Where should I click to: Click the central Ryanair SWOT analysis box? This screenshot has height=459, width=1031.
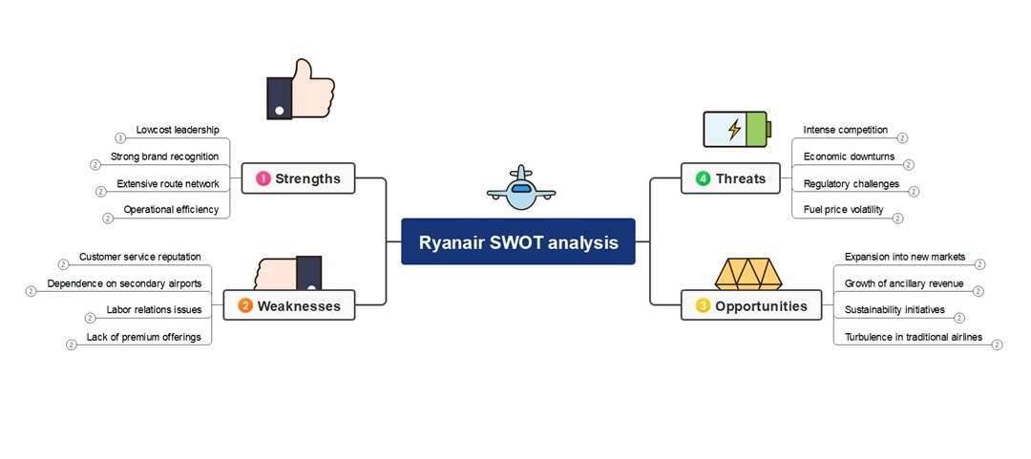pos(517,242)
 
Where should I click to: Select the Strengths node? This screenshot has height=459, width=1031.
pos(298,178)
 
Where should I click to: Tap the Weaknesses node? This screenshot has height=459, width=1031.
pos(288,305)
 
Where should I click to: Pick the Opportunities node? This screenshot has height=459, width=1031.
pos(751,305)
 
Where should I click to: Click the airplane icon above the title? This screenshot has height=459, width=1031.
pos(520,188)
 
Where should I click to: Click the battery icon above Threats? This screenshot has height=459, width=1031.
pos(734,129)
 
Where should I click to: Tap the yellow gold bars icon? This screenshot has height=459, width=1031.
pos(748,274)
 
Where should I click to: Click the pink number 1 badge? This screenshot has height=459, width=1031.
pos(263,178)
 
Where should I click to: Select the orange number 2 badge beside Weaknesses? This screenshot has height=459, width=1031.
pos(245,305)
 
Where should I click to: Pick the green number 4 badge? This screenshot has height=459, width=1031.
pos(703,178)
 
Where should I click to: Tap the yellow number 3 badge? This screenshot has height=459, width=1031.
pos(703,305)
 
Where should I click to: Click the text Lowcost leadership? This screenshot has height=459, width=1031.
pos(178,130)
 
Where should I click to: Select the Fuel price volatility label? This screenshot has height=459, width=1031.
pos(843,210)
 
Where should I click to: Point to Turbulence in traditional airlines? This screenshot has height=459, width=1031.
pos(913,337)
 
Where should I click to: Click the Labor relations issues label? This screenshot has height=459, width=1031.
pos(154,310)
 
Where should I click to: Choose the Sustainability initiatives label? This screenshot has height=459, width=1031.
pos(894,310)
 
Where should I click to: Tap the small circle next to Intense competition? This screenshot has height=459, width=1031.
pos(902,138)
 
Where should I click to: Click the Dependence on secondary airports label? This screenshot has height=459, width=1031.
pos(124,283)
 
